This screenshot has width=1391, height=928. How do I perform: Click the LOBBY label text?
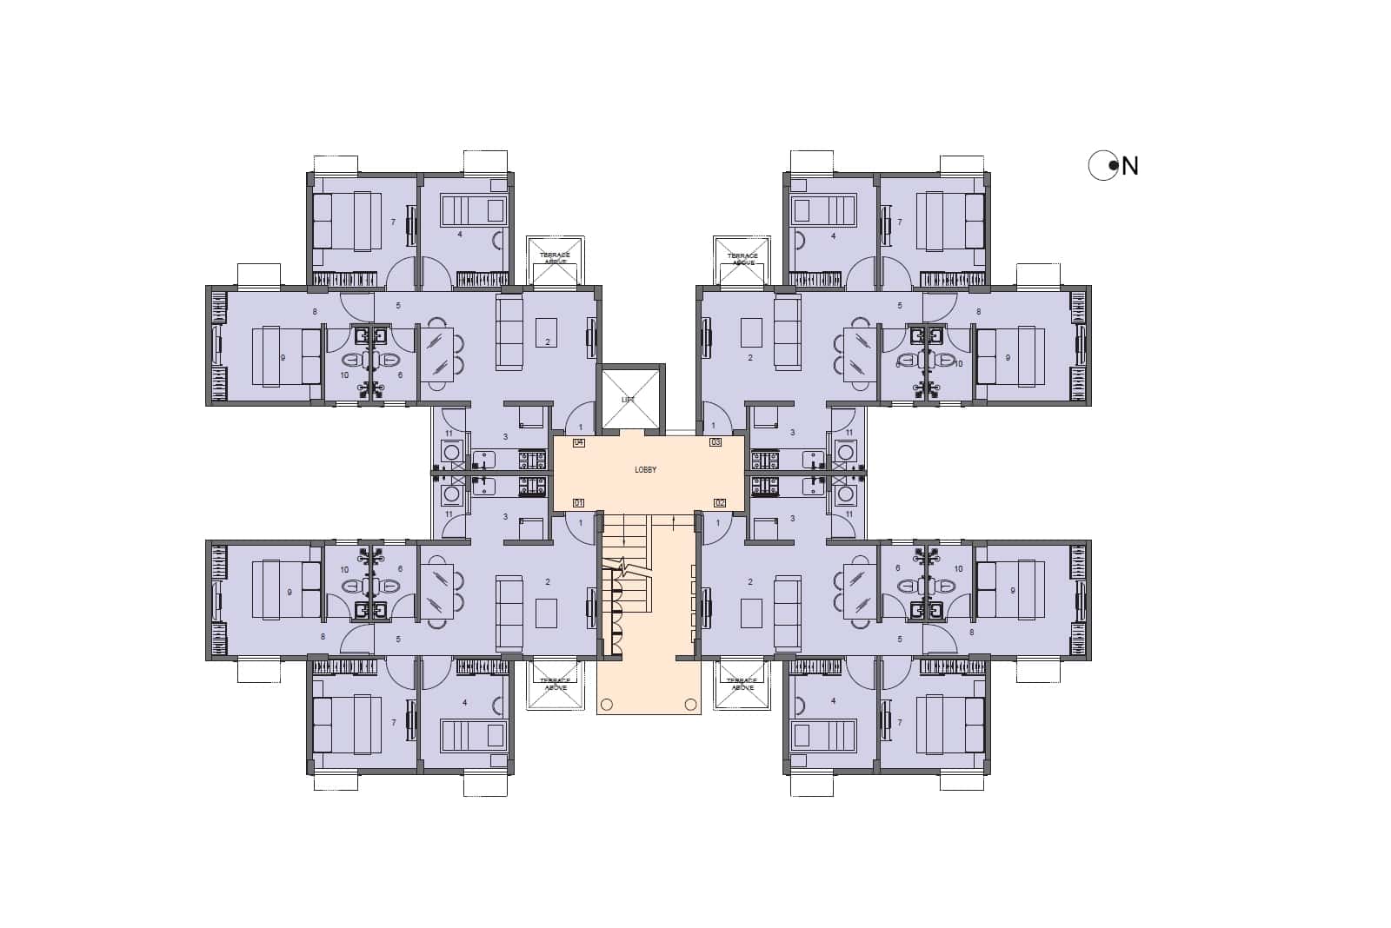click(645, 470)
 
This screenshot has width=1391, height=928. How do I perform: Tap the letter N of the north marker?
click(1130, 166)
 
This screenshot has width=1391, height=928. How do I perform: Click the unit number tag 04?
click(578, 442)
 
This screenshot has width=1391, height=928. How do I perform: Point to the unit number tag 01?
click(578, 503)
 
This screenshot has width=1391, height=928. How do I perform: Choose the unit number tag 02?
click(719, 503)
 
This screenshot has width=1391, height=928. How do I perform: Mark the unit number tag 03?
click(715, 442)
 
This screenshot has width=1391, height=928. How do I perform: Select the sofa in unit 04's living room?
click(509, 331)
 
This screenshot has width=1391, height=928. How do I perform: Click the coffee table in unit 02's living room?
click(751, 613)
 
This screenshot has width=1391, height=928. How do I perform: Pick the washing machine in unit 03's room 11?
click(843, 450)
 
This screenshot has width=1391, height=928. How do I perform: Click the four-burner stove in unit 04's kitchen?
click(528, 457)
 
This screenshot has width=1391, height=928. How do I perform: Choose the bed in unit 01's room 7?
click(346, 724)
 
